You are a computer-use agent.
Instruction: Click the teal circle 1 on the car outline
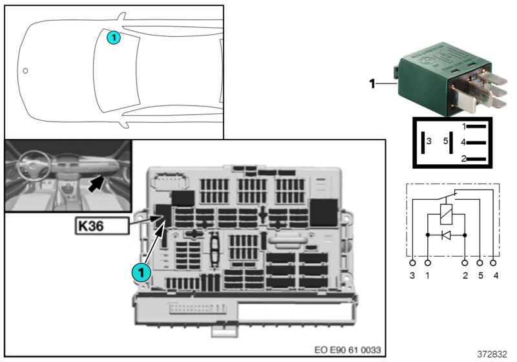[113, 38]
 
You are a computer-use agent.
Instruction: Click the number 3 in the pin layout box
[429, 140]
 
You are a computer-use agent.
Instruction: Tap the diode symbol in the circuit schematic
[446, 235]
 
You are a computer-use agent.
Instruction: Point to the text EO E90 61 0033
[347, 350]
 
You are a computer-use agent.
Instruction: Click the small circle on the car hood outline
[25, 70]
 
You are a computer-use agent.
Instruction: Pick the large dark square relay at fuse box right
[323, 211]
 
